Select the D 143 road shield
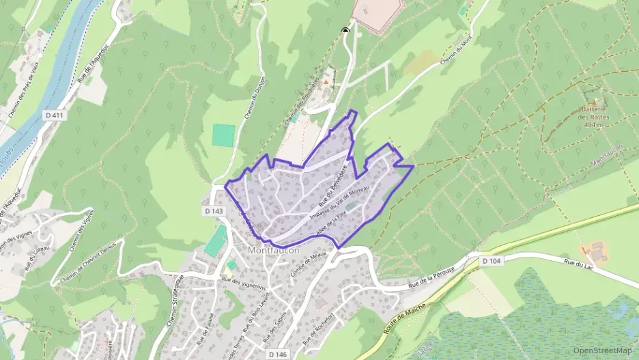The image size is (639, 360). [x=214, y=212]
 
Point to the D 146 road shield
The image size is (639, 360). [x=276, y=355]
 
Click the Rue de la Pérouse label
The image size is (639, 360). [x=431, y=279]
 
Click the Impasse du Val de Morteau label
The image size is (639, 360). [x=340, y=202]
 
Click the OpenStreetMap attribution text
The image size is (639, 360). [x=603, y=350]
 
